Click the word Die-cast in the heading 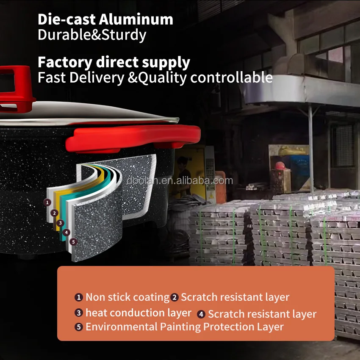click(63, 19)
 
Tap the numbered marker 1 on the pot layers click(48, 202)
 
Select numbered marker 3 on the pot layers click(60, 223)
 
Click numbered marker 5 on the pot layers click(73, 242)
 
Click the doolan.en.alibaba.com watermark click(180, 181)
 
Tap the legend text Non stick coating click(127, 297)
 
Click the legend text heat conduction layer click(138, 313)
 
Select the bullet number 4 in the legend click(201, 314)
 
